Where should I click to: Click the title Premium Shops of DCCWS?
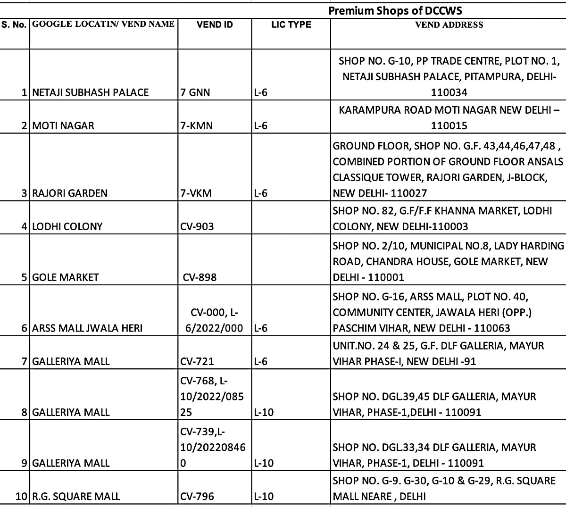pos(395,11)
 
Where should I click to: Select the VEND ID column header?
pos(215,25)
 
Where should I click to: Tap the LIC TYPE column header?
pos(291,25)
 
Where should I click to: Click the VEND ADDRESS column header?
pos(449,25)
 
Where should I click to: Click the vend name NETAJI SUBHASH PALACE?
pos(90,92)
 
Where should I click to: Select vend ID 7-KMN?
pos(196,126)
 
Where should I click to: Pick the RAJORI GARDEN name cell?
pos(70,193)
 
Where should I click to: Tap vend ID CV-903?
pos(197,226)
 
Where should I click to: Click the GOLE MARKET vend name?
pos(66,277)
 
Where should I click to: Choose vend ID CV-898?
pos(200,277)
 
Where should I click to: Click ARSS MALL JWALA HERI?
pos(87,328)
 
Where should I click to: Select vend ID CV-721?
pos(197,362)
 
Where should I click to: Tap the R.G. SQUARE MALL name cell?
pos(76,497)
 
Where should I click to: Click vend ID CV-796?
pos(197,497)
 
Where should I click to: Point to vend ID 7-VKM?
pos(196,193)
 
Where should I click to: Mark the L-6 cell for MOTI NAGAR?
pos(260,126)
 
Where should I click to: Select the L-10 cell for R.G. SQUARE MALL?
pos(263,497)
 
